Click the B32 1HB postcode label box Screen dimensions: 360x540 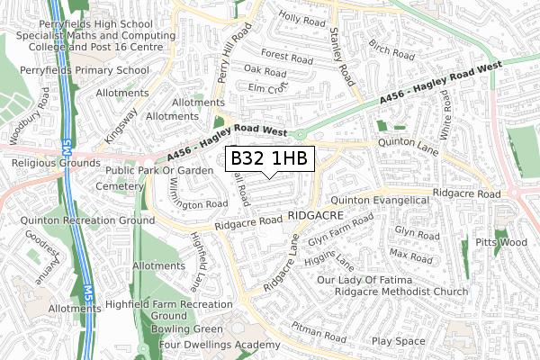pyautogui.click(x=270, y=159)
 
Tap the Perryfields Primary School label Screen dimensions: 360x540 pyautogui.click(x=84, y=69)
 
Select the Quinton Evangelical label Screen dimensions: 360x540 pyautogui.click(x=380, y=200)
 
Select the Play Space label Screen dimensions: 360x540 pyautogui.click(x=398, y=341)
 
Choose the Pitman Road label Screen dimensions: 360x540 pyautogui.click(x=319, y=334)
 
